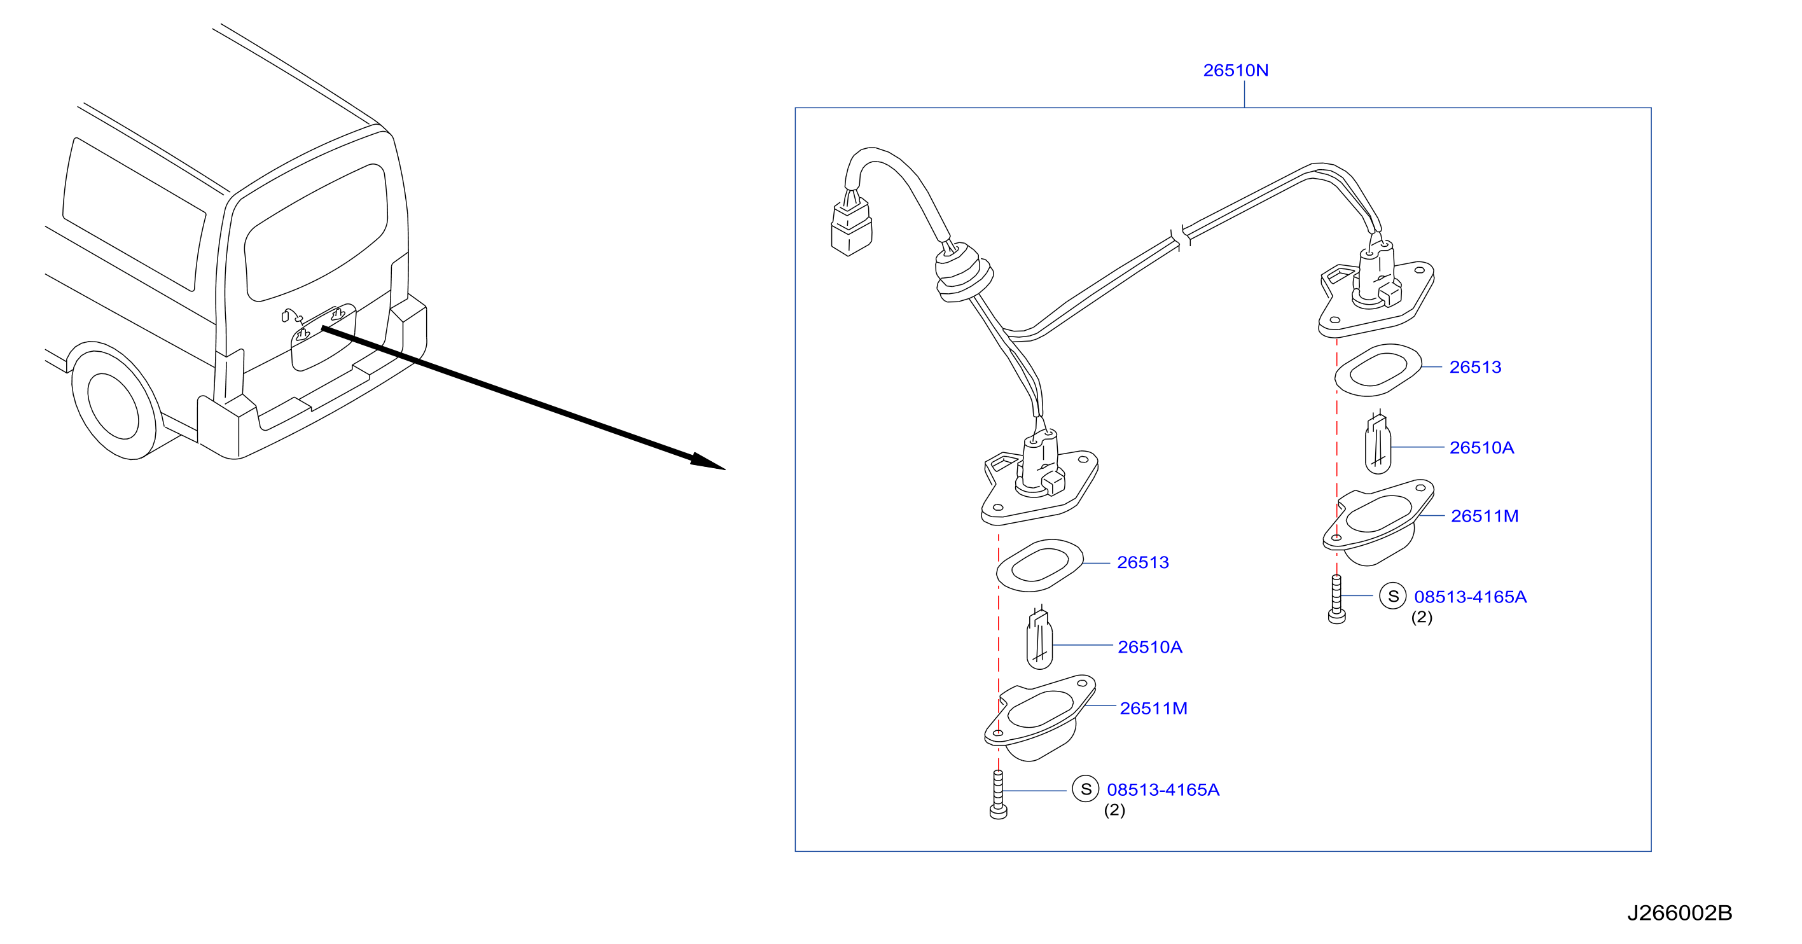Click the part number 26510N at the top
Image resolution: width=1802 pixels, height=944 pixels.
coord(1235,71)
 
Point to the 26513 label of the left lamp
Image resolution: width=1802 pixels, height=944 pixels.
coord(1143,562)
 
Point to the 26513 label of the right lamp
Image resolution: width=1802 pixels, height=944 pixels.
coord(1475,368)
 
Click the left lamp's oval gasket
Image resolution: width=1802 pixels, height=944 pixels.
coord(1039,566)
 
